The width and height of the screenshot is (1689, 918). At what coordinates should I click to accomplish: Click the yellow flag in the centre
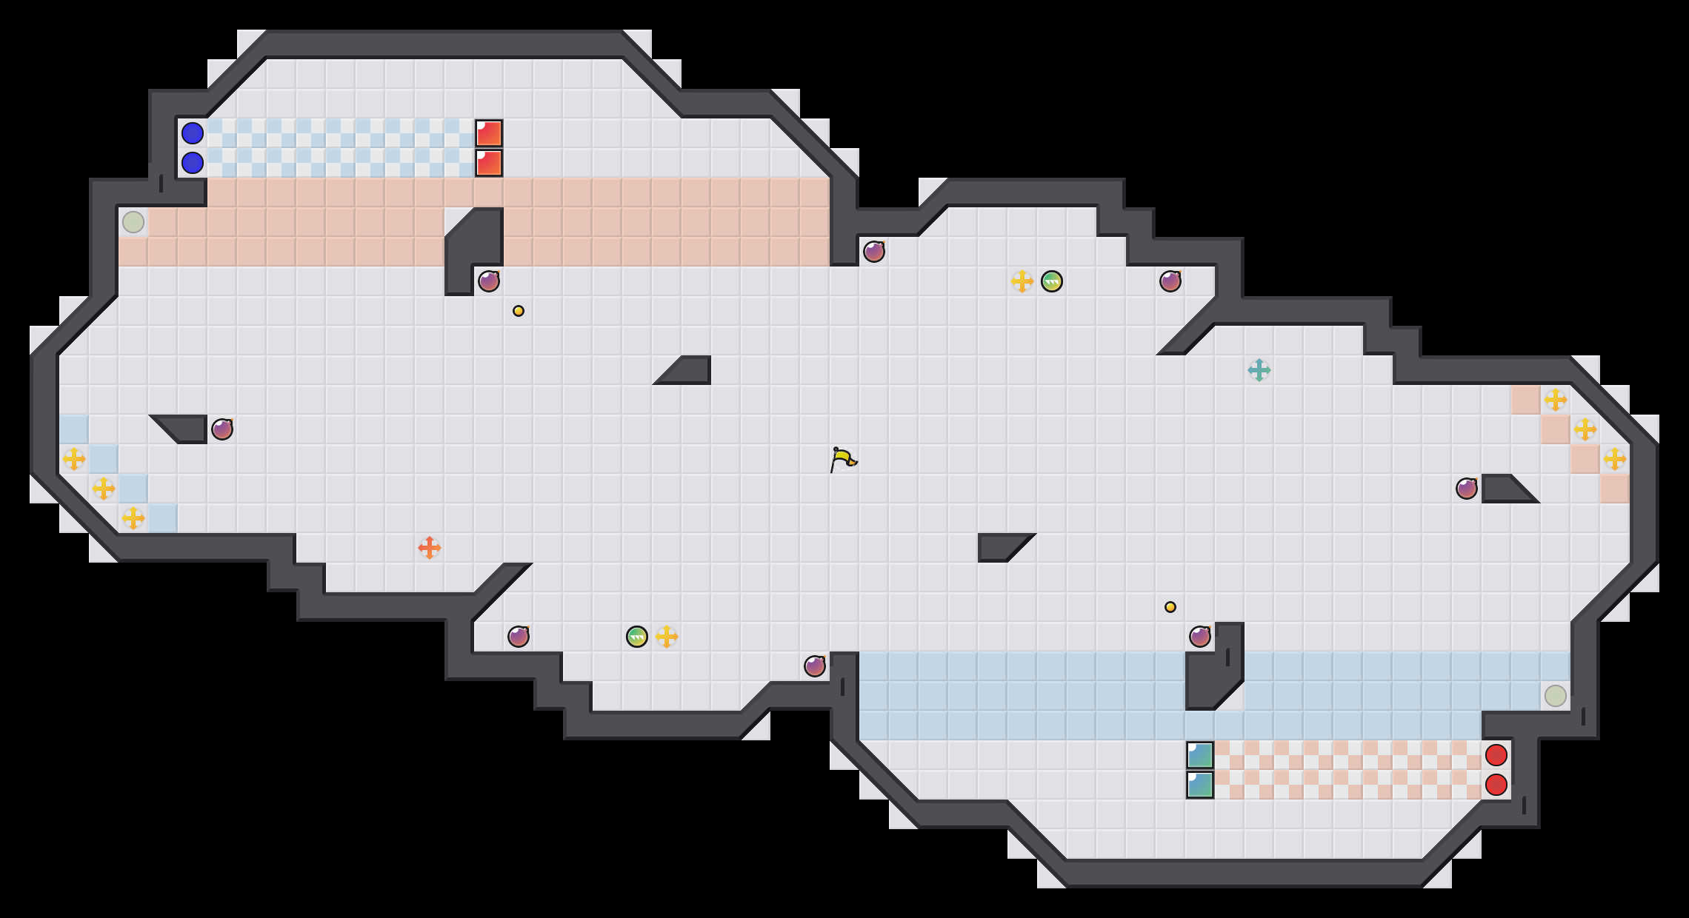tap(843, 460)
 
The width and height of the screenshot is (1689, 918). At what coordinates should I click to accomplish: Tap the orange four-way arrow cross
tap(430, 548)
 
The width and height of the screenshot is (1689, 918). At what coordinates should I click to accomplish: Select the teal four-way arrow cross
tap(1259, 370)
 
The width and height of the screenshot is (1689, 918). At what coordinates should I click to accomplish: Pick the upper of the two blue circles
tap(193, 133)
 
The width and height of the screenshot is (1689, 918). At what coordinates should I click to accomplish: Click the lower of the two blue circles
tap(193, 163)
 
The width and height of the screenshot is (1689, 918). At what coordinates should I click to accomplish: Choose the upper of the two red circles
tap(1496, 755)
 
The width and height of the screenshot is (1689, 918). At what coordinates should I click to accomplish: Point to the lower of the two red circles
tap(1496, 785)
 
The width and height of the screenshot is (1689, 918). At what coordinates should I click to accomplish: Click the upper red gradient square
tap(489, 133)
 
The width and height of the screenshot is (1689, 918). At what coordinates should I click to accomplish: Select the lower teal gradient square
tap(1200, 785)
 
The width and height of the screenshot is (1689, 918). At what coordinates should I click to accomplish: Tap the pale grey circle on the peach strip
tap(133, 222)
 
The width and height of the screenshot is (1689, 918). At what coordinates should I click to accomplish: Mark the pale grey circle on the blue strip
tap(1556, 696)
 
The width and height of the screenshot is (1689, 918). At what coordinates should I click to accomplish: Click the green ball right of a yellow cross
tap(1052, 281)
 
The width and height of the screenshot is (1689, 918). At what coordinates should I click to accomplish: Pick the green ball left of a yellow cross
tap(637, 637)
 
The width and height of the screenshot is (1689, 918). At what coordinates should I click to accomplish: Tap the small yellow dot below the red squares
tap(519, 311)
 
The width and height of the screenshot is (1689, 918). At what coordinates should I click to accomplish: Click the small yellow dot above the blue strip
tap(1170, 607)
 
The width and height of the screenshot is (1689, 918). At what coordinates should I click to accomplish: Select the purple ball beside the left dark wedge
tap(222, 429)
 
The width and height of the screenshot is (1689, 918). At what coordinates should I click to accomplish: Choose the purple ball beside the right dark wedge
tap(1467, 489)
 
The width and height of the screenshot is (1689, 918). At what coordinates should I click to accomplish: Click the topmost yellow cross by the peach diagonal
tap(1556, 400)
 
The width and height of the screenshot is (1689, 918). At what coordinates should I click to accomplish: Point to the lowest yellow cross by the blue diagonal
tap(133, 518)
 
